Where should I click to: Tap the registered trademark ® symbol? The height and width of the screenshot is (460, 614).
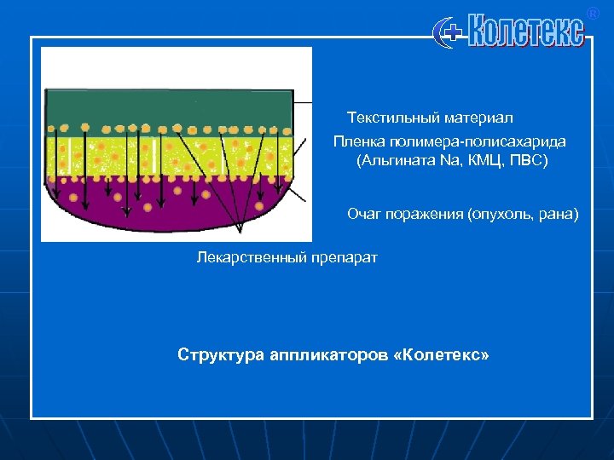click(594, 13)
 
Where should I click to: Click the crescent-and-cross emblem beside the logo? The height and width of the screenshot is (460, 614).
click(449, 33)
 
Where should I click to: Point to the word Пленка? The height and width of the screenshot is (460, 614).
click(356, 141)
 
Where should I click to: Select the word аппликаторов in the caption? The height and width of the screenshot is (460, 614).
click(317, 354)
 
